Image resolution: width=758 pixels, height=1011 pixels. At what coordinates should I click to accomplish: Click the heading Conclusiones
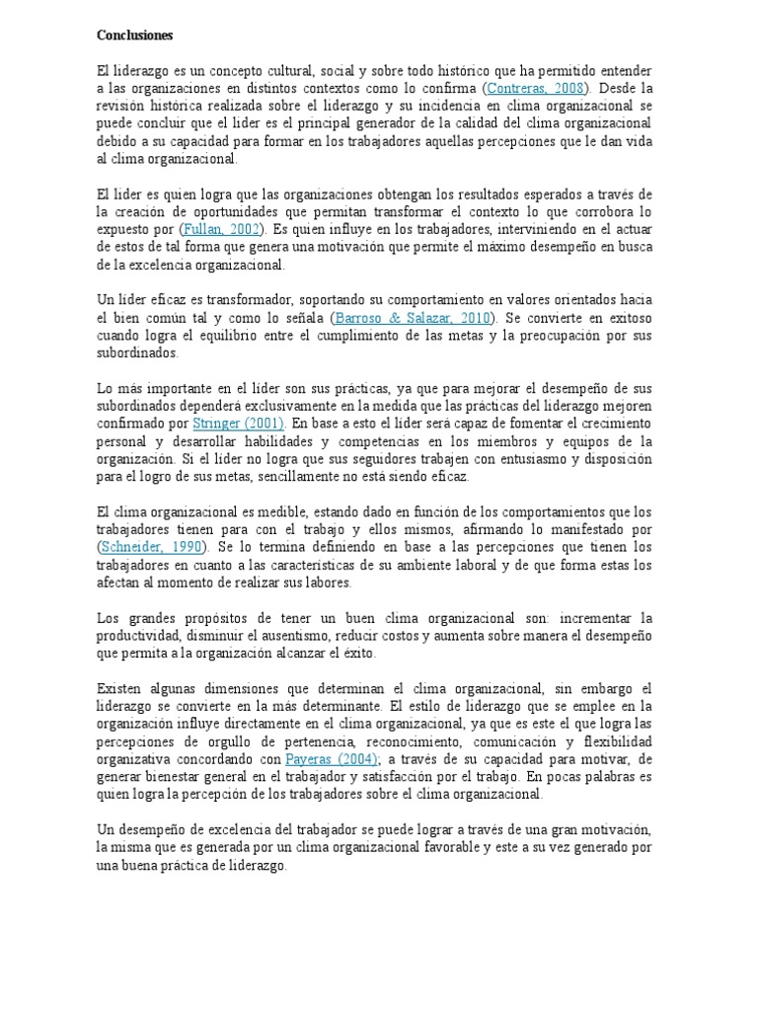click(134, 36)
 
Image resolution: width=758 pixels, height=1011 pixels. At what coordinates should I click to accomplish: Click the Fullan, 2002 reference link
click(220, 229)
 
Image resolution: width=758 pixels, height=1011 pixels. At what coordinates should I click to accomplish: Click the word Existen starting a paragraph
click(120, 688)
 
